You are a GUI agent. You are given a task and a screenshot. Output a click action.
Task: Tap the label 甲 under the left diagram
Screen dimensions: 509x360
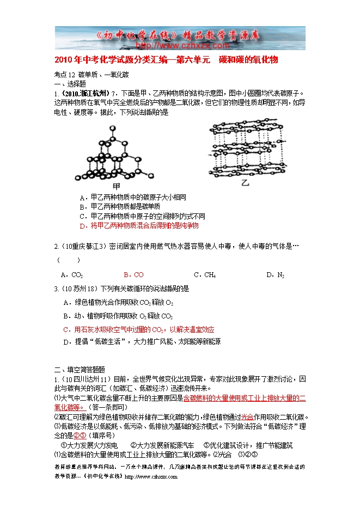tap(114, 187)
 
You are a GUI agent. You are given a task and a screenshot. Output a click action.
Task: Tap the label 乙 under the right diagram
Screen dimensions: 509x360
tap(245, 183)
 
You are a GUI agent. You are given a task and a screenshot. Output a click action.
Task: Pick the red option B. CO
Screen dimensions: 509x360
tap(133, 275)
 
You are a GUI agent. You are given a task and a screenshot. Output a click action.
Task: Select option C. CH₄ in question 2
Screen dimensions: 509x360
tap(205, 275)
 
